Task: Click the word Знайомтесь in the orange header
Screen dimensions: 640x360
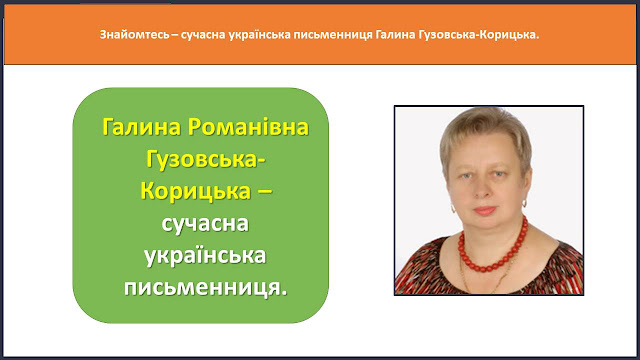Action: pyautogui.click(x=134, y=35)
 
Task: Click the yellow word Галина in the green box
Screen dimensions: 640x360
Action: pyautogui.click(x=141, y=127)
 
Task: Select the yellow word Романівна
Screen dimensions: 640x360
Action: pyautogui.click(x=248, y=127)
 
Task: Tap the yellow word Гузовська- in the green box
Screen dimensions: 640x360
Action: pyautogui.click(x=206, y=159)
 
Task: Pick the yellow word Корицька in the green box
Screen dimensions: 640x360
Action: pyautogui.click(x=195, y=191)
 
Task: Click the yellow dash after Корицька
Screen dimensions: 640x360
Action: pyautogui.click(x=264, y=192)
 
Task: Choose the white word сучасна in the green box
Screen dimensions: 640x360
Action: pyautogui.click(x=205, y=224)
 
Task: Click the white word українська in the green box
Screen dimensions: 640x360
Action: pyautogui.click(x=205, y=256)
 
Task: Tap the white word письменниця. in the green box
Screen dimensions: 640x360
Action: pyautogui.click(x=206, y=288)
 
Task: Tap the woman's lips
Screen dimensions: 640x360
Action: pyautogui.click(x=485, y=211)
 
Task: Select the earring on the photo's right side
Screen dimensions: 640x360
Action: pyautogui.click(x=525, y=203)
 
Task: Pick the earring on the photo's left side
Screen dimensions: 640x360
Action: pyautogui.click(x=453, y=209)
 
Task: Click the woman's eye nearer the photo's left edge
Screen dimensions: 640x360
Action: pyautogui.click(x=466, y=176)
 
